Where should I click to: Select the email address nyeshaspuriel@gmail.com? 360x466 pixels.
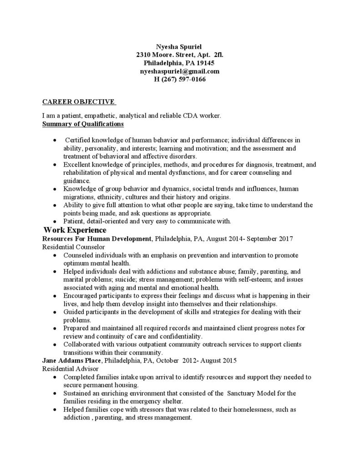pos(180,71)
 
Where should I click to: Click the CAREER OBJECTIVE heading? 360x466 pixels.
pos(78,102)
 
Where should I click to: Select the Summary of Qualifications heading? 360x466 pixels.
pos(83,124)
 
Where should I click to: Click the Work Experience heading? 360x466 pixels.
pos(75,230)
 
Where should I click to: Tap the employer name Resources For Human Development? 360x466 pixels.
pos(96,238)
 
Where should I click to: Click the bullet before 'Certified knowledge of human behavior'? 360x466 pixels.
pos(55,140)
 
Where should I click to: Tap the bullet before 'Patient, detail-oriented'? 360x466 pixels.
pos(55,222)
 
